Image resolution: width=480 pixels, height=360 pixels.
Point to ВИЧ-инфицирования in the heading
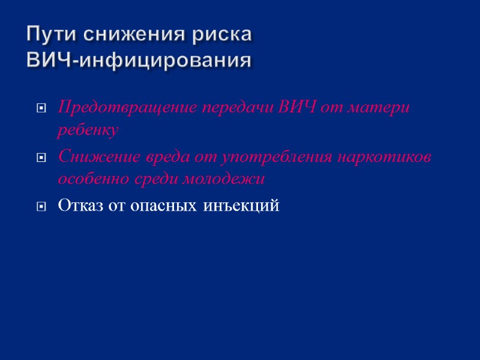(x=139, y=61)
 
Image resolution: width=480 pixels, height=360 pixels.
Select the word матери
(x=384, y=108)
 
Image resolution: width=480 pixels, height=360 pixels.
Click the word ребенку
(x=88, y=130)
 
